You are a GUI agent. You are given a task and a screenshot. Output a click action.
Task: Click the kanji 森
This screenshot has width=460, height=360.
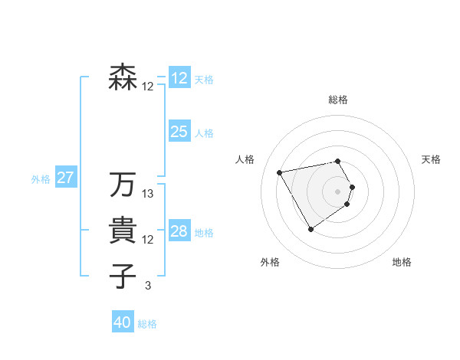[x=123, y=77]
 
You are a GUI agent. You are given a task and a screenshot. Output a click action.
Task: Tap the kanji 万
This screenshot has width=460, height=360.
[x=123, y=185]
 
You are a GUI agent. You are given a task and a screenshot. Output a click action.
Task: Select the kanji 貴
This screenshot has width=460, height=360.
[x=123, y=231]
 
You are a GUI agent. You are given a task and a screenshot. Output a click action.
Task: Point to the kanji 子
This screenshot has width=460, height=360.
[x=123, y=277]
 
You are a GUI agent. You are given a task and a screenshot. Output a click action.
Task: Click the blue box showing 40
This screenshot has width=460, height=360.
[x=123, y=322]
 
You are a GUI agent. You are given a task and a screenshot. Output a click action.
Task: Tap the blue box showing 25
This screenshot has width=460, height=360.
[x=179, y=132]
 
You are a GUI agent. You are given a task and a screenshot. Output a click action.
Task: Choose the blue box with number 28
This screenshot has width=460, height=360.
[x=179, y=231]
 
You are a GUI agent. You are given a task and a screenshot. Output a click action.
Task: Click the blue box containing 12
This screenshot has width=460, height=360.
[x=179, y=78]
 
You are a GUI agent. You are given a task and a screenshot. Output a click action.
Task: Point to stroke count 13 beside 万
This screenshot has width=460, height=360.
[x=148, y=194]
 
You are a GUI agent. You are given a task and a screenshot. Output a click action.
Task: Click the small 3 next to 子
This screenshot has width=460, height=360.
[x=148, y=286]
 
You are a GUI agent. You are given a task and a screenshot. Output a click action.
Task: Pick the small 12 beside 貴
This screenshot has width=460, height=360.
[x=148, y=240]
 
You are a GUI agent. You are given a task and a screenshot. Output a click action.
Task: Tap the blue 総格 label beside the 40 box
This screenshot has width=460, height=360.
[x=147, y=324]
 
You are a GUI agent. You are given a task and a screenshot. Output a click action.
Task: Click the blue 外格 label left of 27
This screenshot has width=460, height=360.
[x=41, y=179]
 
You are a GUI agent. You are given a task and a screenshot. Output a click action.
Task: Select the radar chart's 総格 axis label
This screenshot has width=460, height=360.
[x=338, y=100]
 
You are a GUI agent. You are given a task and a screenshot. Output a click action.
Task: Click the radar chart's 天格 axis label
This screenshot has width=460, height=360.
[x=431, y=159]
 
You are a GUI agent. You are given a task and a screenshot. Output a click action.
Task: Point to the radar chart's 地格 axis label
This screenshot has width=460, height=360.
[x=402, y=263]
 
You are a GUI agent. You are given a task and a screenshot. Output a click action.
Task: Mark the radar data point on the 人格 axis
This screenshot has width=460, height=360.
[x=280, y=172]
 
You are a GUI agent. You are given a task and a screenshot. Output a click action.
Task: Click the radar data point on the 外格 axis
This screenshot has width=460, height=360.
[x=310, y=229]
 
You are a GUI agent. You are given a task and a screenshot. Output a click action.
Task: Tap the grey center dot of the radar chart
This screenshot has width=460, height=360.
[x=338, y=191]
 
